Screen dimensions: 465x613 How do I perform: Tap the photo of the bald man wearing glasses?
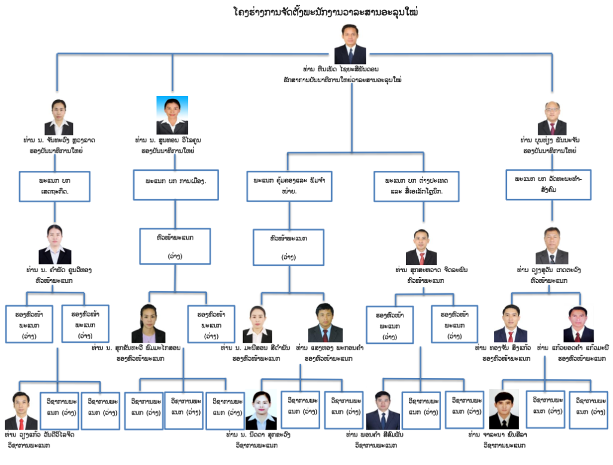[x=551, y=118]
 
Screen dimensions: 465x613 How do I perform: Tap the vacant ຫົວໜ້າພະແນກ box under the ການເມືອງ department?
[x=175, y=246]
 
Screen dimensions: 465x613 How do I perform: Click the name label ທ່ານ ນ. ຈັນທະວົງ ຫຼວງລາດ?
[x=59, y=140]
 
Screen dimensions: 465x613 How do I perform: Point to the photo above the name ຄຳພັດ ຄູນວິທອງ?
[x=54, y=244]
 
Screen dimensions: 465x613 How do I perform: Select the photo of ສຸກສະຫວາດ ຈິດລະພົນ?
[x=421, y=247]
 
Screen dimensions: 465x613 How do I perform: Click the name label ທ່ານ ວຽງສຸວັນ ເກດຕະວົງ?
[x=551, y=271]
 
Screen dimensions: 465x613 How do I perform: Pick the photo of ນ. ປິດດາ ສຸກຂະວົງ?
[x=261, y=410]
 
